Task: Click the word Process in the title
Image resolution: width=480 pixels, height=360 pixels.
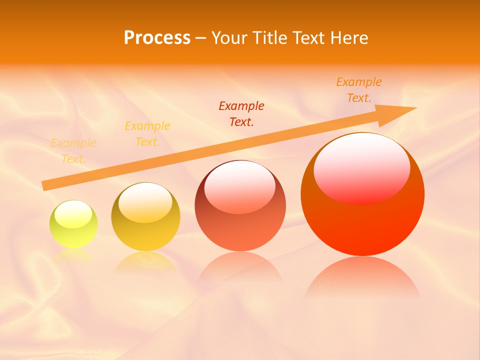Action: point(157,38)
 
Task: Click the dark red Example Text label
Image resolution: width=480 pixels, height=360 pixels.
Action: point(241,113)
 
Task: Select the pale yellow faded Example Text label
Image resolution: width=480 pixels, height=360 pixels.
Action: point(73,151)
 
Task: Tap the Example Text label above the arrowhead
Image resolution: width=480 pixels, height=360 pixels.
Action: point(358,90)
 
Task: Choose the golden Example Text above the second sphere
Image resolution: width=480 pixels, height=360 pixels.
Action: point(147,133)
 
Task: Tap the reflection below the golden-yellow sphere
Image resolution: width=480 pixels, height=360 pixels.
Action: point(145,261)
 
